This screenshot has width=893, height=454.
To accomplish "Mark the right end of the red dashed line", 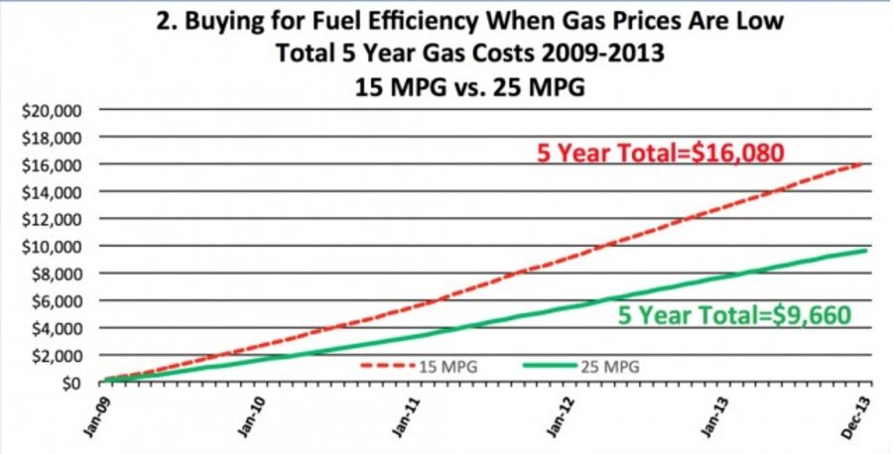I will [x=869, y=164].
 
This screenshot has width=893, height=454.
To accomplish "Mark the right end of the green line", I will [x=869, y=250].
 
